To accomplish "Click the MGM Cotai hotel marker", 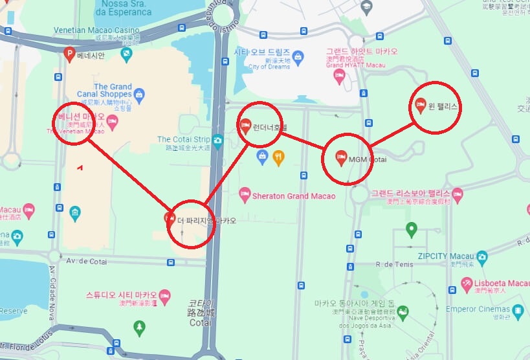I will (x=340, y=157).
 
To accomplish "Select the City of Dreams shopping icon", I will (x=298, y=56).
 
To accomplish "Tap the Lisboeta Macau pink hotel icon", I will (x=467, y=284).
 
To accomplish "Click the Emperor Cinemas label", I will (x=478, y=309).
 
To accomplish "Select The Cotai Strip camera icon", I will (x=218, y=140).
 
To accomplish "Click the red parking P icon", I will (x=70, y=56).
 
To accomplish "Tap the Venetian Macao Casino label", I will (x=98, y=30).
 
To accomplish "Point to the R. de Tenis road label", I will (x=393, y=264).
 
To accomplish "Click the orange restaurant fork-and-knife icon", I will (x=278, y=155).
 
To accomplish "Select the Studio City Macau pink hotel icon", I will (x=165, y=296).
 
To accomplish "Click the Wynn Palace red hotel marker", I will (x=419, y=104).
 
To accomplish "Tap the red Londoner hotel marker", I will (x=245, y=125).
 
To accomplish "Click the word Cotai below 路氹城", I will (x=201, y=322).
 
